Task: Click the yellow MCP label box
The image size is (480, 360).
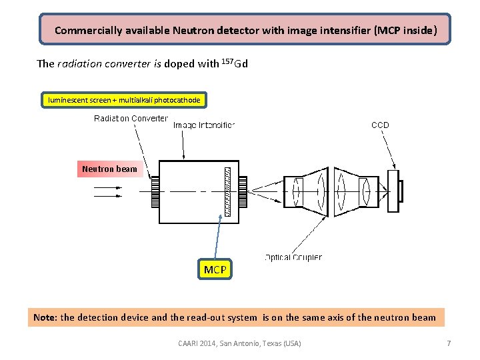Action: point(215,269)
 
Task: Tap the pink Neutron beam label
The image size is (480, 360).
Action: point(109,169)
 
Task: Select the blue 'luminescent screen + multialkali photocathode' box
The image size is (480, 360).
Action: point(123,100)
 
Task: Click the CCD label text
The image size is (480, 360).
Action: point(380,125)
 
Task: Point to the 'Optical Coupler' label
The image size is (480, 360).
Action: point(293,257)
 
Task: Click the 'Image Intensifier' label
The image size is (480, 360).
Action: point(204,125)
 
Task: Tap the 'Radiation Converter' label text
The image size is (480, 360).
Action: point(131,119)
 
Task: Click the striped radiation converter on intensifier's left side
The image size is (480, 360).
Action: point(155,191)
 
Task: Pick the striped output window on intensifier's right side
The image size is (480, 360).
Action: point(243,191)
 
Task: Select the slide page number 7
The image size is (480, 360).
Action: point(449,343)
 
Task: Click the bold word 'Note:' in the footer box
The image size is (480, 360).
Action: point(45,317)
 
